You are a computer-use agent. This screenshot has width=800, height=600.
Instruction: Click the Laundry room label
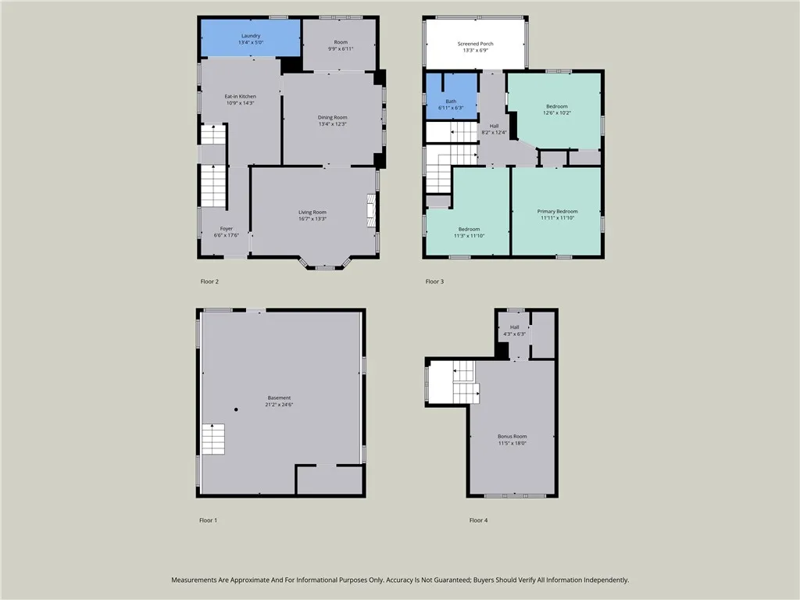pos(251,36)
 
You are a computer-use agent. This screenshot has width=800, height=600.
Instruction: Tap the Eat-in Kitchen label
pos(240,97)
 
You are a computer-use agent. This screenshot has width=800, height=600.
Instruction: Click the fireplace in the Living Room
pos(370,211)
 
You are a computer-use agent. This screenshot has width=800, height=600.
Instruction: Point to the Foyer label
pos(226,229)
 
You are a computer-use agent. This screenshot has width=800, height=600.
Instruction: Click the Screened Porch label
pos(475,44)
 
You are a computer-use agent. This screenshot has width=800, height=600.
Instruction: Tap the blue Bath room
pos(451,97)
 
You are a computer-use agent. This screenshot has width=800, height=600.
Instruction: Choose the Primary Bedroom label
pos(557,212)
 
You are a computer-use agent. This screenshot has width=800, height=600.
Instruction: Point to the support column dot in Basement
pos(235,409)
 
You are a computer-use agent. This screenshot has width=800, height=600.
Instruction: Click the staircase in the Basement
pos(213,439)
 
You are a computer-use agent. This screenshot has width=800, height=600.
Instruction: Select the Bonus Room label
pos(512,437)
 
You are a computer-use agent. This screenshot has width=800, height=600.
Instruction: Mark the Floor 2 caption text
pos(209,281)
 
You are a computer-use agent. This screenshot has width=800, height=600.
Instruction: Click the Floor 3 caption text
pos(434,281)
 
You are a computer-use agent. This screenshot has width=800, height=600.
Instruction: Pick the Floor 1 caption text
pos(208,520)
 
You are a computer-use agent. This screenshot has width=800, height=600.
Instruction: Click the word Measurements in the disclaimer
pos(197,580)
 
